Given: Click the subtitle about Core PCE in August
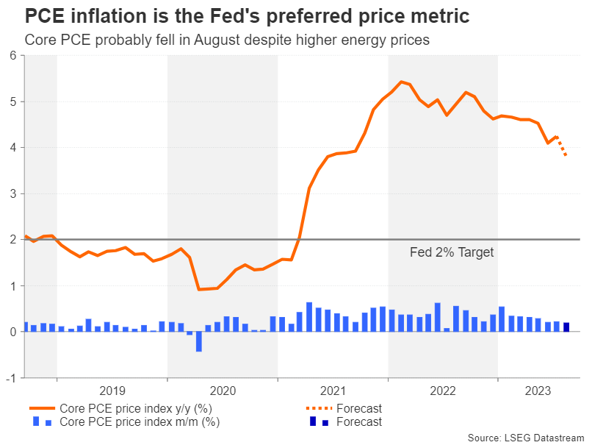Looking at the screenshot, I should tap(227, 40).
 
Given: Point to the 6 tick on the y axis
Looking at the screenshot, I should tap(13, 55).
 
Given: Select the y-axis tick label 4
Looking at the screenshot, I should tap(13, 147).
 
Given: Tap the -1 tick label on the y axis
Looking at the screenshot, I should tap(11, 378).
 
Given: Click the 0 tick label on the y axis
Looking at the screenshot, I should tap(13, 332).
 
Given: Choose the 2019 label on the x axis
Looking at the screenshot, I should tap(112, 391).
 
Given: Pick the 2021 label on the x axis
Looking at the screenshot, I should tap(333, 391).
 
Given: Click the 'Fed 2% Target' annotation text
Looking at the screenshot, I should tap(451, 252).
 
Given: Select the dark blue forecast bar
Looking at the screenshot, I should tap(566, 327).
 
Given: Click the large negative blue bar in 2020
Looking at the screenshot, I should tap(198, 341).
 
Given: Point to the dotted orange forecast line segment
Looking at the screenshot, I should tap(561, 146).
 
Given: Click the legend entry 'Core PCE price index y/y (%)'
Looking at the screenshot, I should tap(135, 408).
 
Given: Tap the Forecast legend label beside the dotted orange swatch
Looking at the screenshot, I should tap(359, 408).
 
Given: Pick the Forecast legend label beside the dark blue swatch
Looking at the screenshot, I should tap(359, 421).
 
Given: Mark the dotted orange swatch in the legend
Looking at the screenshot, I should tap(317, 408).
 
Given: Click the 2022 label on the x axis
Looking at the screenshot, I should tap(443, 391).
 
